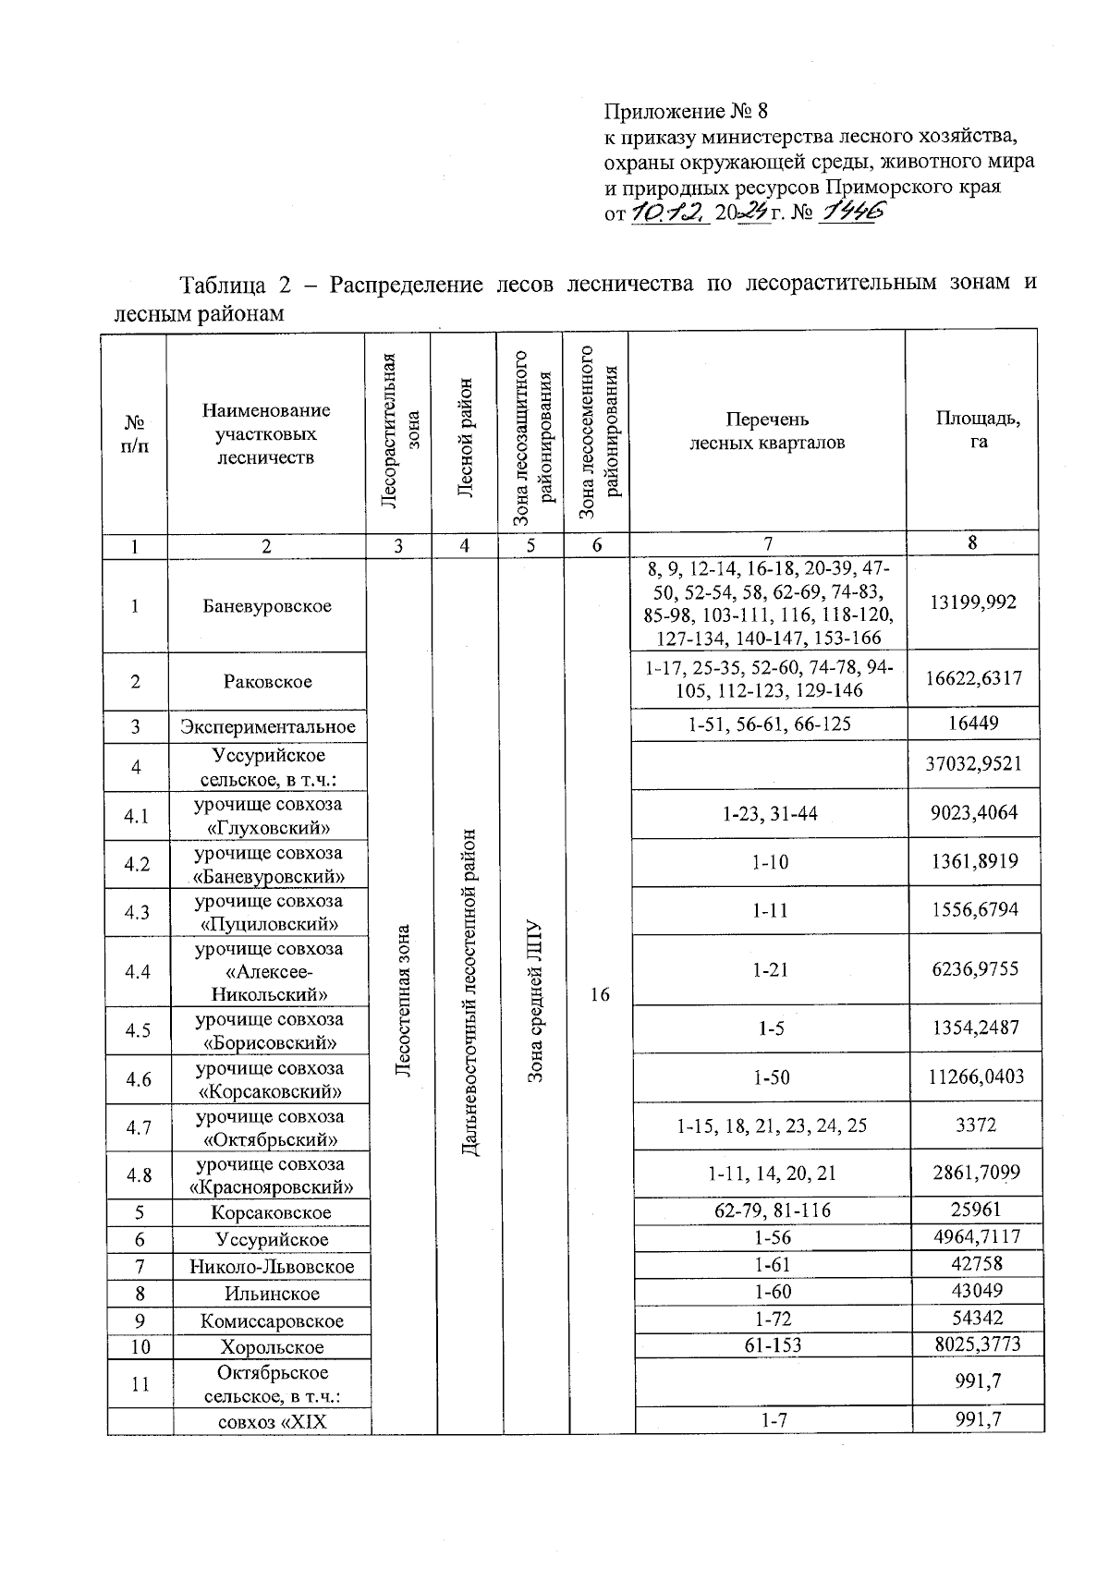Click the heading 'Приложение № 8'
pos(686,112)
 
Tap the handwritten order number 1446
pos(853,213)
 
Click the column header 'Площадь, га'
pos(978,430)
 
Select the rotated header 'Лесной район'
pos(466,437)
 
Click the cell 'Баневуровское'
pos(267,606)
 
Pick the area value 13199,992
pos(974,602)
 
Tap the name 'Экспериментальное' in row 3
pos(268,726)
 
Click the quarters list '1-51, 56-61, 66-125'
pos(769,724)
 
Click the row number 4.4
pos(138,971)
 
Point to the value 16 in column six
pos(600,994)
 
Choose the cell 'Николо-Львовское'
pos(272,1266)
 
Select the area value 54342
pos(977,1317)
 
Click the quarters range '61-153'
pos(772,1345)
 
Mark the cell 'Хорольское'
pos(272,1347)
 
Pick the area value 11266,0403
pos(978,1076)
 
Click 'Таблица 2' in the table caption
pos(239,283)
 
